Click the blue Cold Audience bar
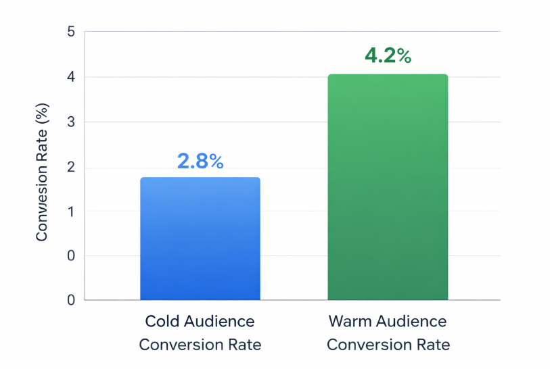tap(200, 239)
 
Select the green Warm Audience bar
tap(388, 187)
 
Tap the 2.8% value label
tap(200, 162)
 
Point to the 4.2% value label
tap(388, 56)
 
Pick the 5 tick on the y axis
tap(71, 32)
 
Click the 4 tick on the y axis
tap(71, 77)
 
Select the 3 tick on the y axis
tap(71, 122)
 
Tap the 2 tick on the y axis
tap(71, 167)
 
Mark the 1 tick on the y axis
tap(71, 212)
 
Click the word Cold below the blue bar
tap(162, 321)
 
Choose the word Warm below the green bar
tap(350, 321)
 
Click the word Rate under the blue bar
tap(244, 345)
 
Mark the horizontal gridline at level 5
tap(291, 32)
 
